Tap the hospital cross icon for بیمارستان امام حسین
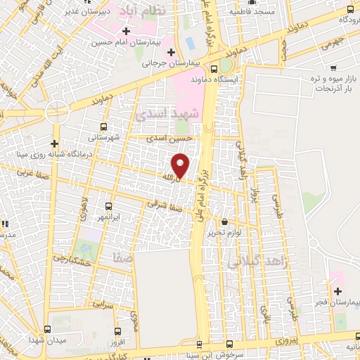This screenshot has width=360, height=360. tap(126, 32)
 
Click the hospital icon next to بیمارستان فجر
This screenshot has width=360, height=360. tap(337, 291)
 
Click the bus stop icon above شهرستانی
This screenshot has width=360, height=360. tap(104, 127)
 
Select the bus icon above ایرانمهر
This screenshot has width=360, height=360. tap(108, 206)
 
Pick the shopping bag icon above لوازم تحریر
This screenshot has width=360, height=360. tap(224, 221)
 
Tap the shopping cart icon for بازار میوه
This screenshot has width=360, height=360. tap(330, 67)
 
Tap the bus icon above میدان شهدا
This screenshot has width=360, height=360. tap(47, 329)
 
